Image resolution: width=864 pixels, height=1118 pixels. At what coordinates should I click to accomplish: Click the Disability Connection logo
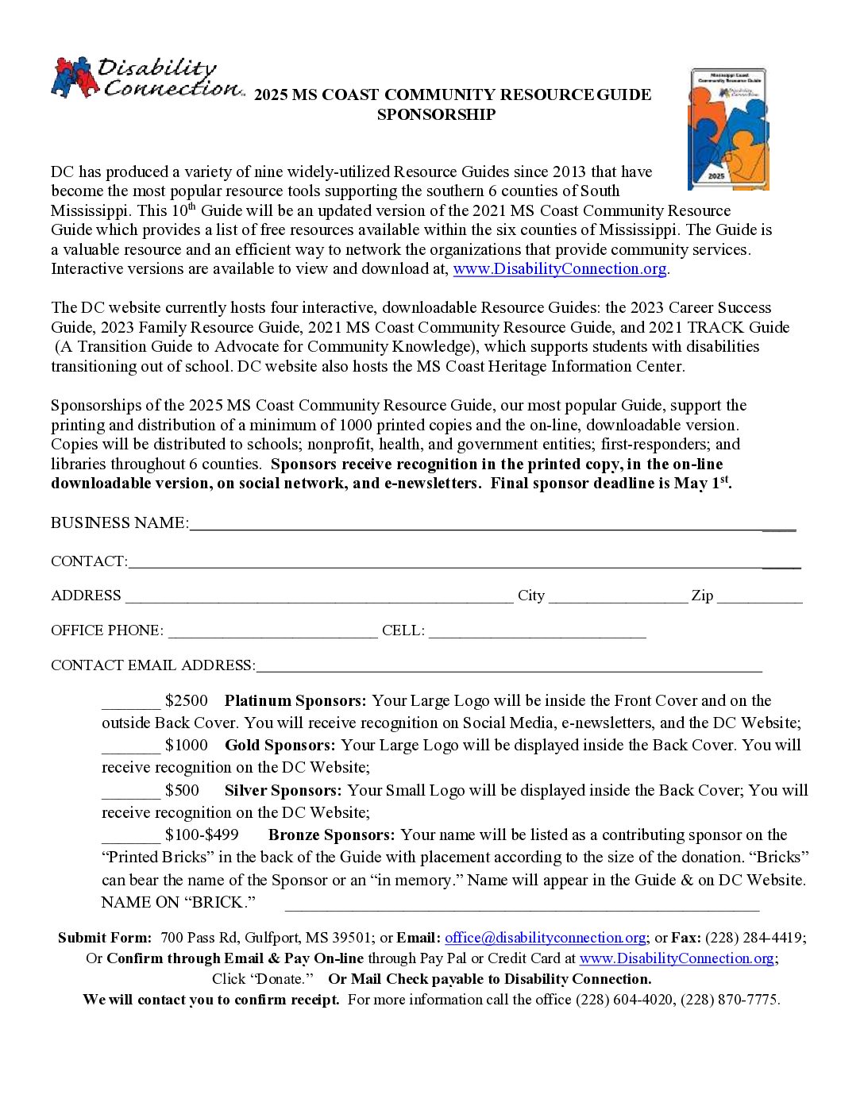[147, 78]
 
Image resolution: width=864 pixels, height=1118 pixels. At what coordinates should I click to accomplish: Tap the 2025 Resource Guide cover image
[728, 129]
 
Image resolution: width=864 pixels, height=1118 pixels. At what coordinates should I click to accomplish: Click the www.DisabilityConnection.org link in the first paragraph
[559, 269]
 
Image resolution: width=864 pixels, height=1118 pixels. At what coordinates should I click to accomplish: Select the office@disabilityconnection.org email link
[545, 938]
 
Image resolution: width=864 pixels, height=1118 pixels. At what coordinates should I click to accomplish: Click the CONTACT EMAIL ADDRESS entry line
[508, 668]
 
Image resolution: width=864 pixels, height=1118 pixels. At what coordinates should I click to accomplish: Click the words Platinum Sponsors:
[295, 701]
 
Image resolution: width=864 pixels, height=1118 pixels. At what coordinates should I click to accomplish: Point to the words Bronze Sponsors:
[331, 835]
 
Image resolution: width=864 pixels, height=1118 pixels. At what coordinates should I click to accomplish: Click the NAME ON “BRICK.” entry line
[522, 905]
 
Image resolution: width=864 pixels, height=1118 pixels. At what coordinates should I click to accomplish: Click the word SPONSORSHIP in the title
[436, 115]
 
